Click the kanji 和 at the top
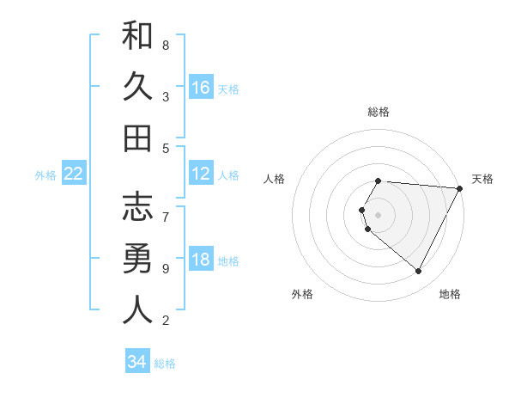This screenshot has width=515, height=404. pyautogui.click(x=137, y=37)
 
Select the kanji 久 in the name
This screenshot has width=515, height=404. pyautogui.click(x=137, y=87)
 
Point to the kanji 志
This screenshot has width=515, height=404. pyautogui.click(x=137, y=208)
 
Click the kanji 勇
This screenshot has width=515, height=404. pyautogui.click(x=137, y=260)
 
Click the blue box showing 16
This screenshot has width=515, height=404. pyautogui.click(x=201, y=88)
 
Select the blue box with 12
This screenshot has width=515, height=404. pyautogui.click(x=201, y=174)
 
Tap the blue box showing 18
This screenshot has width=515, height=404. pyautogui.click(x=201, y=260)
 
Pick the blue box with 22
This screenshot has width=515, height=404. pyautogui.click(x=74, y=174)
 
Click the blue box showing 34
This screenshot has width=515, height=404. pyautogui.click(x=136, y=363)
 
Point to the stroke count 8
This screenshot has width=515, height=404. pyautogui.click(x=166, y=45)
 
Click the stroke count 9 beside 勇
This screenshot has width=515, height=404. pyautogui.click(x=166, y=269)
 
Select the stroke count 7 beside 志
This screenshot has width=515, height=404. pyautogui.click(x=166, y=208)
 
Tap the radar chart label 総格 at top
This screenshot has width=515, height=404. pyautogui.click(x=378, y=112)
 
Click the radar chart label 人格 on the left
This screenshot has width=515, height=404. pyautogui.click(x=275, y=179)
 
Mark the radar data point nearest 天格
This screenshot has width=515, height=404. pyautogui.click(x=460, y=188)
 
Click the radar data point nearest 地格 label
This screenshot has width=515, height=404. pyautogui.click(x=419, y=272)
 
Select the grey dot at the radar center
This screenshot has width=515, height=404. pyautogui.click(x=378, y=214)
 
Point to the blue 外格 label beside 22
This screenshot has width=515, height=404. pyautogui.click(x=45, y=175)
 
